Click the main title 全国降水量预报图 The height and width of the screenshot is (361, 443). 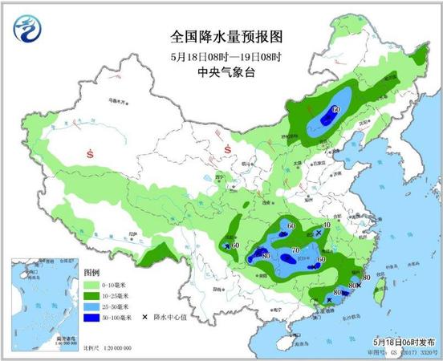point(227,37)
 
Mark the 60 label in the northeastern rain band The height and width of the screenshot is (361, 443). point(336,109)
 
